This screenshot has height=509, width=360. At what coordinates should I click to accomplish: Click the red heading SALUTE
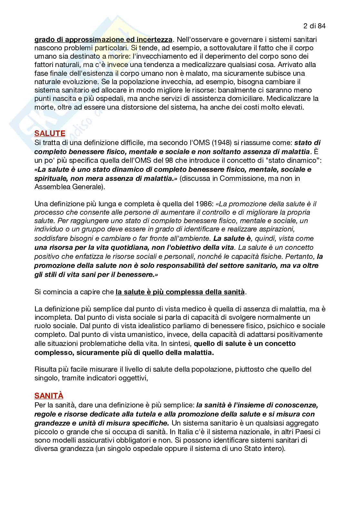(50, 133)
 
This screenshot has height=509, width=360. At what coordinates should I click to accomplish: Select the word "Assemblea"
(51, 187)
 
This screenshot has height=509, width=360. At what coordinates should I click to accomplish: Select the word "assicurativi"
(81, 440)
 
